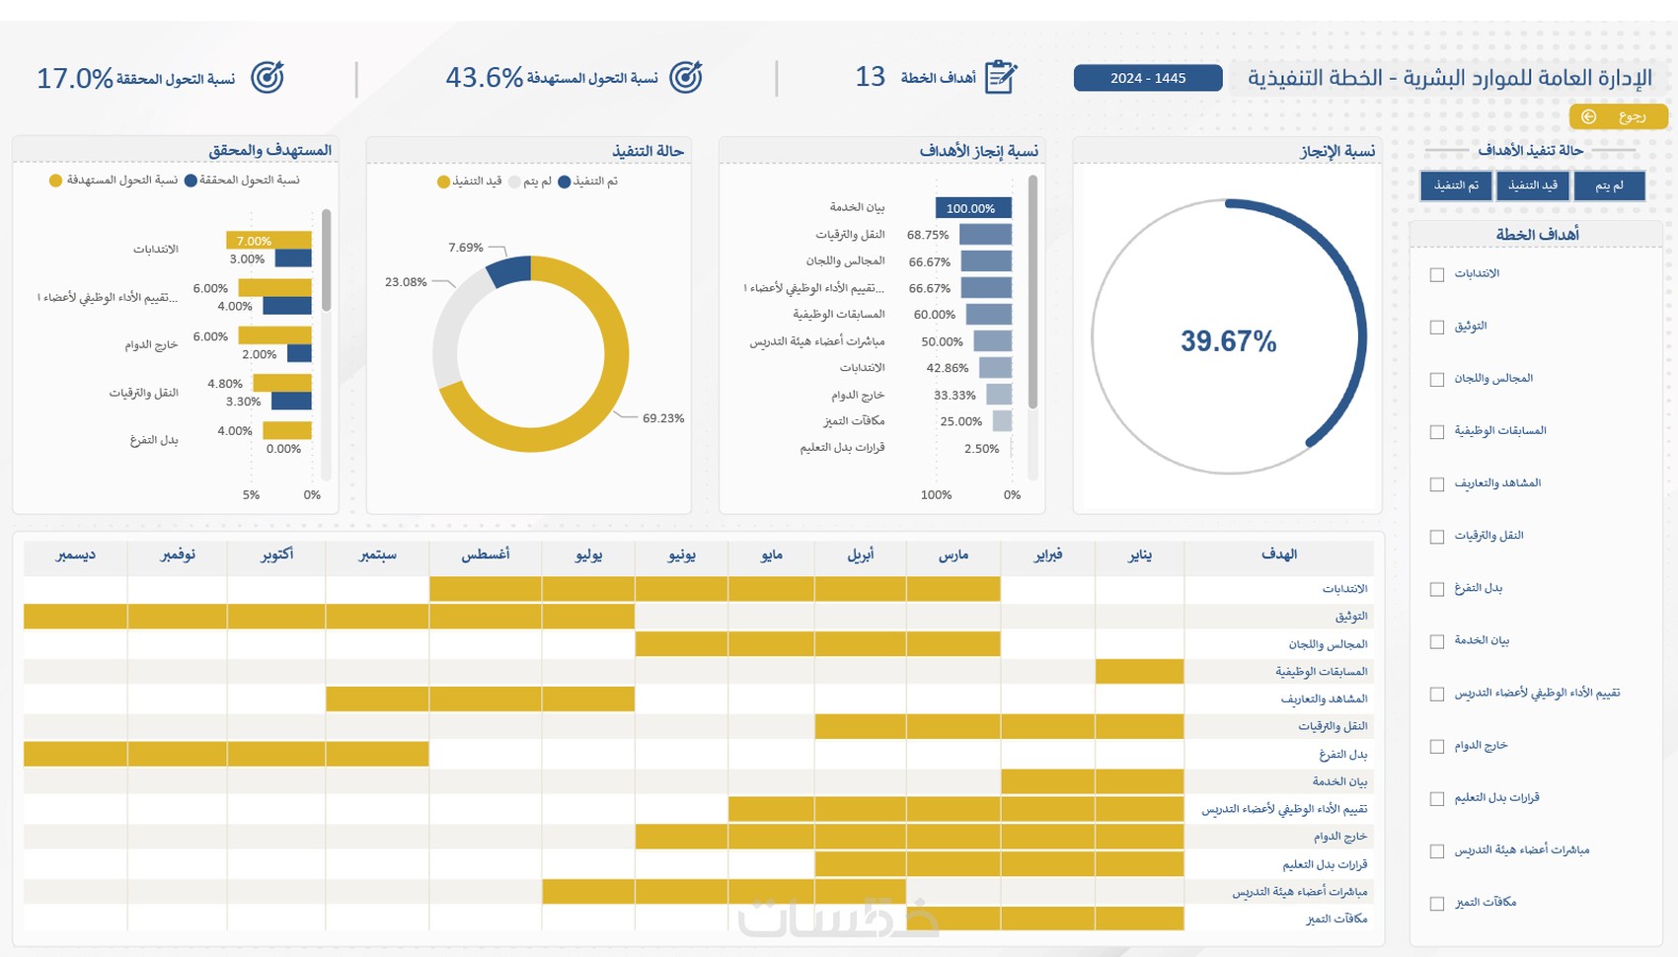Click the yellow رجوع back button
(1618, 116)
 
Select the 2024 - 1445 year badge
(1147, 78)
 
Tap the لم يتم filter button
(1609, 185)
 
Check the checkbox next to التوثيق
(1437, 328)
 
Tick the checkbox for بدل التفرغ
(1437, 589)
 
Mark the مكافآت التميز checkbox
(1437, 904)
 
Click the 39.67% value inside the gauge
(1228, 341)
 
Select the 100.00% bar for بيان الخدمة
(972, 208)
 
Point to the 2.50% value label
(981, 449)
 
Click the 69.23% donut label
(663, 418)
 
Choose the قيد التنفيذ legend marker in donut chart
(444, 182)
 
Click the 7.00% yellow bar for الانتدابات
(268, 241)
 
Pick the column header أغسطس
(486, 554)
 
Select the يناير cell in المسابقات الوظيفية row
(1139, 672)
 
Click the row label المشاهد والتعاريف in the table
(1324, 699)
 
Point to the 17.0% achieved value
(75, 78)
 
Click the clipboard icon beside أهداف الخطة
(1001, 77)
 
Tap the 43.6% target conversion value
(484, 77)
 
